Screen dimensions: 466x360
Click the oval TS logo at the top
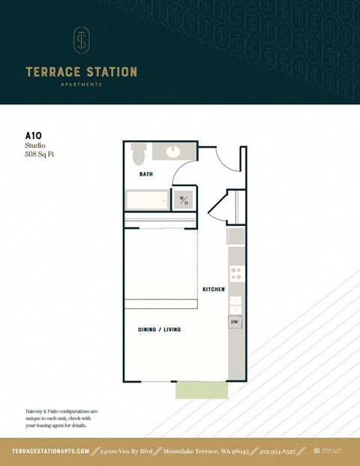81,41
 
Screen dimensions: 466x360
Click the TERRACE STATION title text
81,72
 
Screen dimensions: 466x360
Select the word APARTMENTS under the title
81,85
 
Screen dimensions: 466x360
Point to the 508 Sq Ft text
40,155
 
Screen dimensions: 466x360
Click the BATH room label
147,174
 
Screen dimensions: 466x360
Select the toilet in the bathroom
138,154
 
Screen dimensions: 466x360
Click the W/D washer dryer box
184,200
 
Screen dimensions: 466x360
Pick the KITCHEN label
213,289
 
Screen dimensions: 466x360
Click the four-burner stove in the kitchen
235,274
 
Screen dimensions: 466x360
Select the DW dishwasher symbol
235,322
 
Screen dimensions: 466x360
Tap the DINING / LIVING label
159,329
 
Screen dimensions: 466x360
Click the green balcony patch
200,390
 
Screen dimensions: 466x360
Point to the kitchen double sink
235,304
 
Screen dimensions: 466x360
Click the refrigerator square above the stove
235,236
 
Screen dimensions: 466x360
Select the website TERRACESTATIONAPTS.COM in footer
51,451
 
